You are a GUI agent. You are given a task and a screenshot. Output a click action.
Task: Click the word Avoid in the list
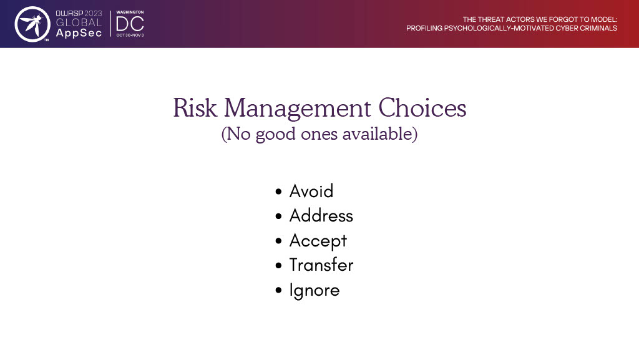point(311,191)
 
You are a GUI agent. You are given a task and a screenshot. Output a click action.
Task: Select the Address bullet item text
point(321,215)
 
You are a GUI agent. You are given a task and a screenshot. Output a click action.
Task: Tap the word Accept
point(318,241)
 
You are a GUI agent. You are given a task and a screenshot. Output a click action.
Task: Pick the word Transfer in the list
point(321,265)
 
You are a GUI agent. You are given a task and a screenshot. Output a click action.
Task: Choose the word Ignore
point(315,290)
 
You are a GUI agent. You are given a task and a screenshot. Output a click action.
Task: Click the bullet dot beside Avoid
point(279,192)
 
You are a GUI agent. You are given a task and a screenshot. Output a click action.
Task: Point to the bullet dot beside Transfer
point(279,266)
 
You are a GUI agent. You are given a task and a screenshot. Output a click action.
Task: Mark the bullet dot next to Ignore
point(279,290)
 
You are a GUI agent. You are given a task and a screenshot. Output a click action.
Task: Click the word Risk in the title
point(195,108)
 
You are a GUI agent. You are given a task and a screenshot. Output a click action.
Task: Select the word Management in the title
point(298,109)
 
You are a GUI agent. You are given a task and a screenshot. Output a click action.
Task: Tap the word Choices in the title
point(422,108)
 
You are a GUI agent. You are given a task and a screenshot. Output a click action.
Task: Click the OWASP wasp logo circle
point(32,24)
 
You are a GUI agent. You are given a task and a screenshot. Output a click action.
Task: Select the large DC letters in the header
point(130,24)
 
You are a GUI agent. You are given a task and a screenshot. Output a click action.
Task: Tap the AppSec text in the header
point(79,33)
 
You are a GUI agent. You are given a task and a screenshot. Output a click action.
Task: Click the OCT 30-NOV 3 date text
point(130,36)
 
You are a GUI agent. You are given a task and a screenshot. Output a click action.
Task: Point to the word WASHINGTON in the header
point(130,12)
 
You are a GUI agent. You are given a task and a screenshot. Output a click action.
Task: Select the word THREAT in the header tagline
point(490,19)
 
